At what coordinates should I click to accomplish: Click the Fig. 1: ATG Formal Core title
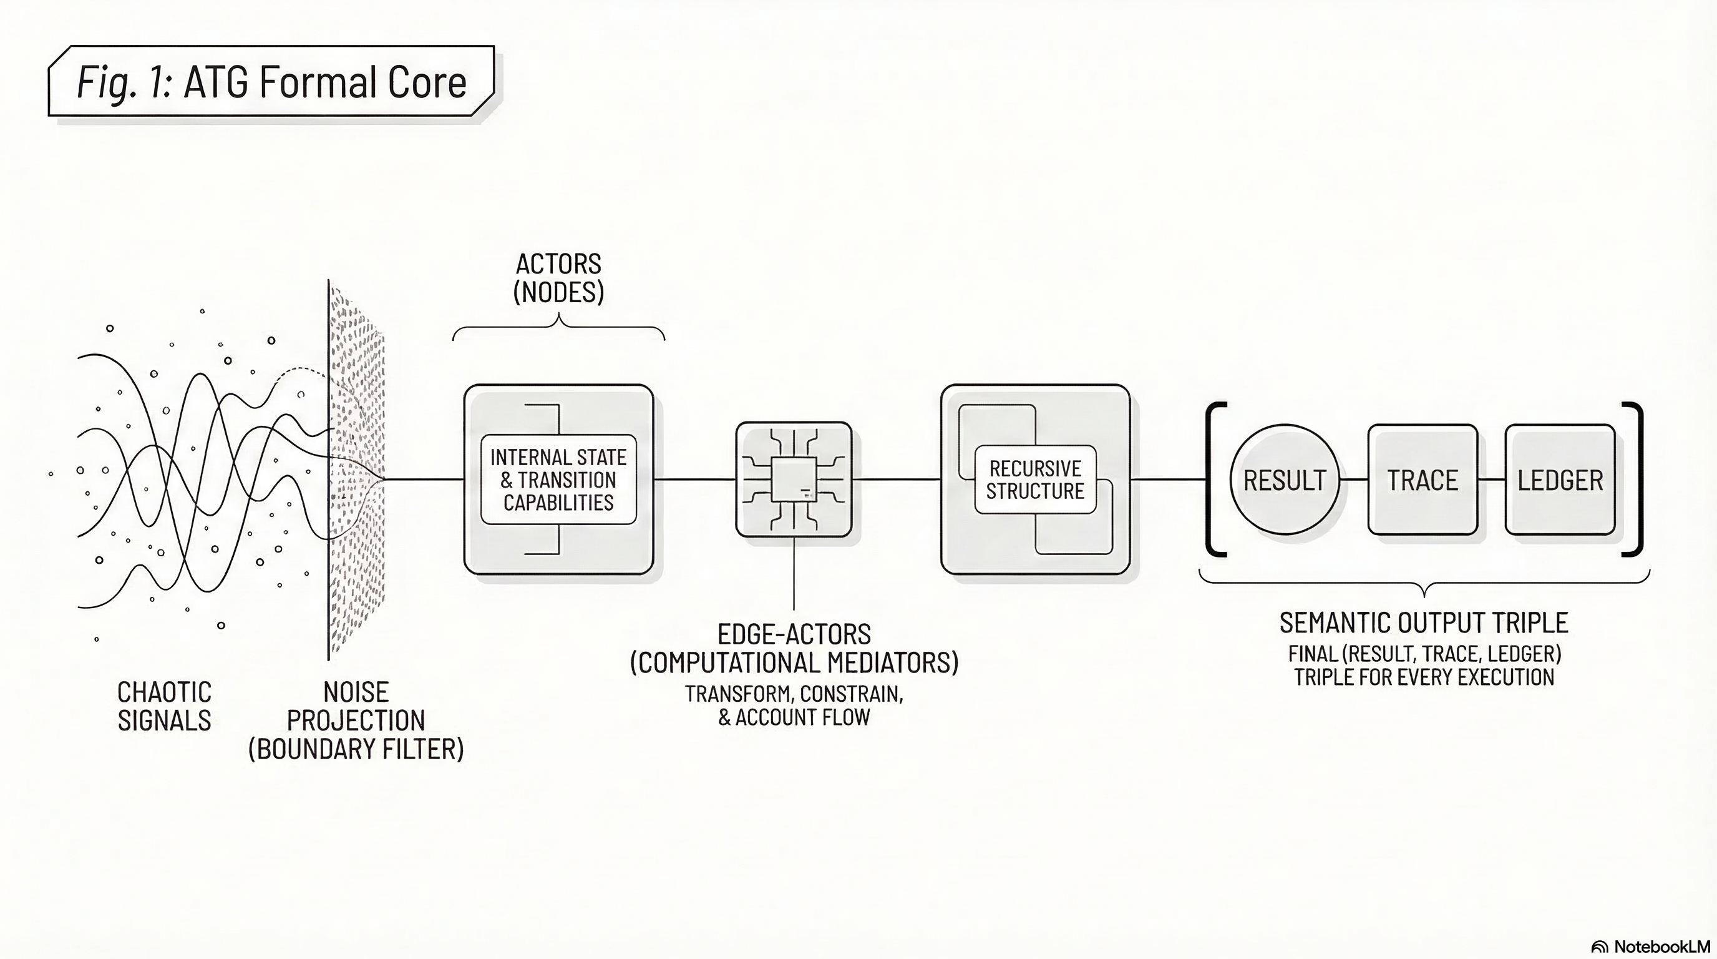click(x=271, y=81)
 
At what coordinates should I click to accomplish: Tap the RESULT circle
click(x=1285, y=479)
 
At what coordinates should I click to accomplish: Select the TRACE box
click(x=1423, y=479)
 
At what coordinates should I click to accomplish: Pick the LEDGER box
click(x=1560, y=479)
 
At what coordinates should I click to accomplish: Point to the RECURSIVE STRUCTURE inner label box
click(x=1035, y=479)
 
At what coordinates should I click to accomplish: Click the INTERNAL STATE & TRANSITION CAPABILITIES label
click(x=558, y=479)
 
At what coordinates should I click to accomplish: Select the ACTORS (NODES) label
click(x=558, y=278)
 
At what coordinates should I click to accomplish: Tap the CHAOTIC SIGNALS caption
click(x=164, y=706)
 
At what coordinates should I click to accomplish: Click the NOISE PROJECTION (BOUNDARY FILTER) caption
click(x=356, y=720)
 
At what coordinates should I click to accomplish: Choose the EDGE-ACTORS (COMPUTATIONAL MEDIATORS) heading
click(x=794, y=647)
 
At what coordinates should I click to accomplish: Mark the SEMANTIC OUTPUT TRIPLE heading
click(x=1424, y=622)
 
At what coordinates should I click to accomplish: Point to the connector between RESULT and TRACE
click(x=1354, y=479)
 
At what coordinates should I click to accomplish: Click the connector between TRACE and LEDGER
click(x=1492, y=479)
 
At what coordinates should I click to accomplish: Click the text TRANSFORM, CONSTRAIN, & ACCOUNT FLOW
click(x=794, y=706)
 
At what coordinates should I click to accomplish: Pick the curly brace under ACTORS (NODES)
click(x=558, y=328)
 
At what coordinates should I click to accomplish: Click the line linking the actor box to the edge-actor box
click(x=694, y=479)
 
